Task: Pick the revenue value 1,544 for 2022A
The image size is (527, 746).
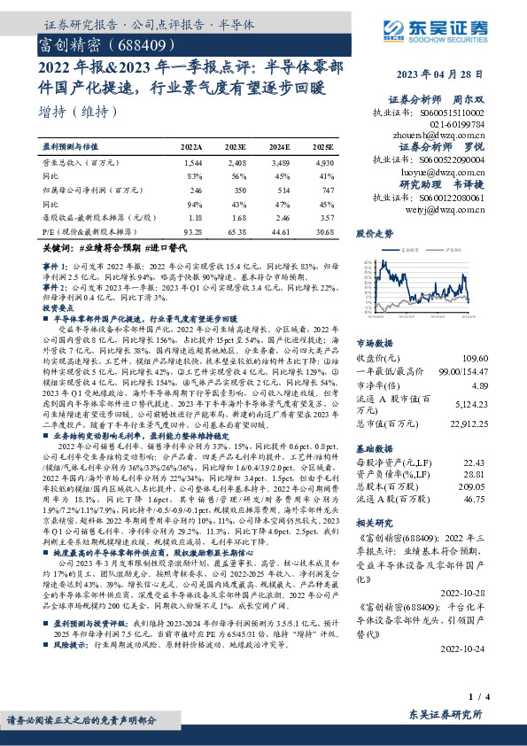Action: point(192,164)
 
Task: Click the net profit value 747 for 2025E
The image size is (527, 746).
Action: point(326,190)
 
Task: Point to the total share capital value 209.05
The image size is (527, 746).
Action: point(499,487)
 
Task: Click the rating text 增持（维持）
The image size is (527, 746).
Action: point(79,113)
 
